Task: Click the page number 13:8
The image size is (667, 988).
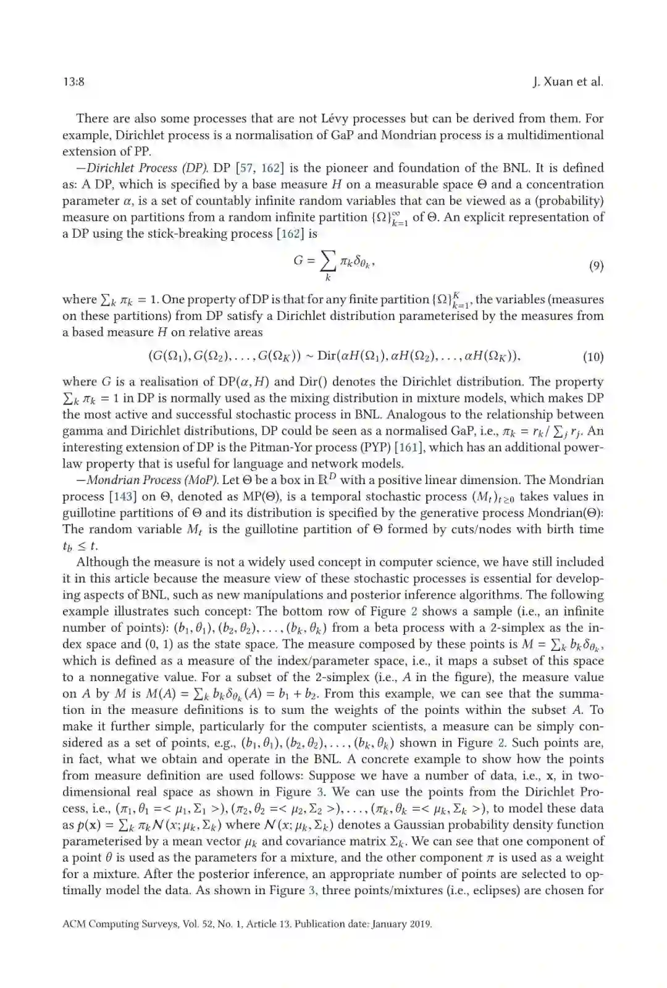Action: point(73,82)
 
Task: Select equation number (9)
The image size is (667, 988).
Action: point(595,266)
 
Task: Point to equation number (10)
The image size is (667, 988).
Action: point(593,356)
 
